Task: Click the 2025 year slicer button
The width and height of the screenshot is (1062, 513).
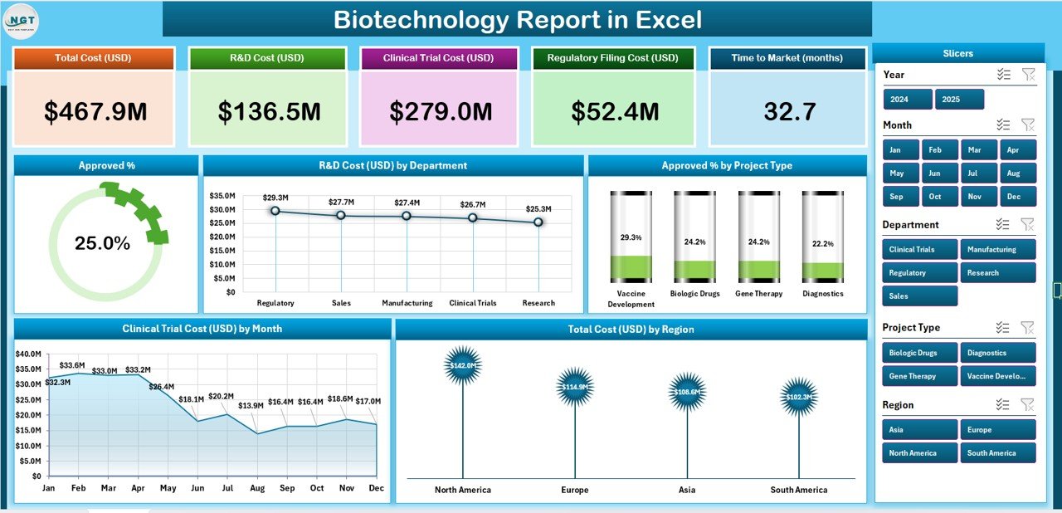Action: (959, 100)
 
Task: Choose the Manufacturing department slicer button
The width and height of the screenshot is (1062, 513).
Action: (998, 249)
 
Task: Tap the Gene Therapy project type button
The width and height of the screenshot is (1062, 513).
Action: (919, 376)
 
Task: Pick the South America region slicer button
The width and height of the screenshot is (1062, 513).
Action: (998, 453)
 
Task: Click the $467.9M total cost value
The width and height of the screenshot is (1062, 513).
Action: (95, 112)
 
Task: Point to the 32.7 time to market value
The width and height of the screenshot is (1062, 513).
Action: (790, 112)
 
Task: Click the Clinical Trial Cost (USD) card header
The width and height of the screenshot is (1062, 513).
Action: (438, 58)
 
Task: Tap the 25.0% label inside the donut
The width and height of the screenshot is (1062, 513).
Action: (102, 243)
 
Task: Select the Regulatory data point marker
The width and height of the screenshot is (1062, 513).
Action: (275, 211)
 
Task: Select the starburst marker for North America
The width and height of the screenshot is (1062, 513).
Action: (462, 366)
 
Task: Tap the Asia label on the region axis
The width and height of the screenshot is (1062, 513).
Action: (687, 490)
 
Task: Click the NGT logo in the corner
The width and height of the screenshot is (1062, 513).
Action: (22, 21)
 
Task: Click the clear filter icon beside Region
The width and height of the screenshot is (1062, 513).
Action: (1027, 404)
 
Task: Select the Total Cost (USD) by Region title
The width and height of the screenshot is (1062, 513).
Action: (631, 330)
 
